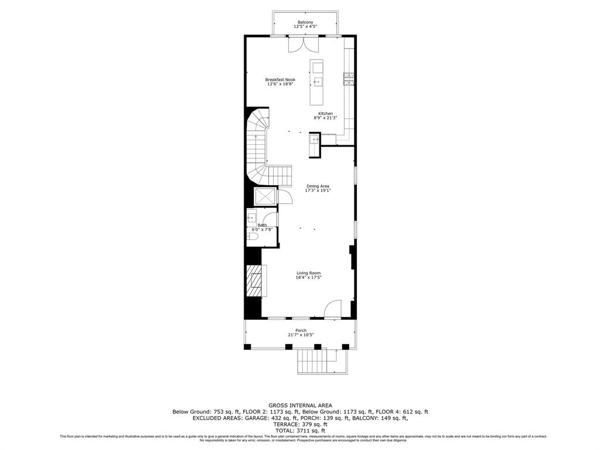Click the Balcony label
(x=305, y=22)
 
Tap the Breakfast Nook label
(x=280, y=80)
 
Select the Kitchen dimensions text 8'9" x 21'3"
(x=326, y=118)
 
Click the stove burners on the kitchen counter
(x=349, y=79)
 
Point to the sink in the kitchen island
(x=317, y=81)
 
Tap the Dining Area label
(x=318, y=186)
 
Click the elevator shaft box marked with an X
(x=265, y=196)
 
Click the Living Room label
(x=308, y=273)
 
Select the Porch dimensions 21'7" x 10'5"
(x=301, y=335)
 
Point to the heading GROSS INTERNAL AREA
(x=300, y=405)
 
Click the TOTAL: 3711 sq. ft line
(x=300, y=431)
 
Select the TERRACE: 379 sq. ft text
(x=300, y=424)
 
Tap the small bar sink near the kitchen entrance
(x=314, y=139)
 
